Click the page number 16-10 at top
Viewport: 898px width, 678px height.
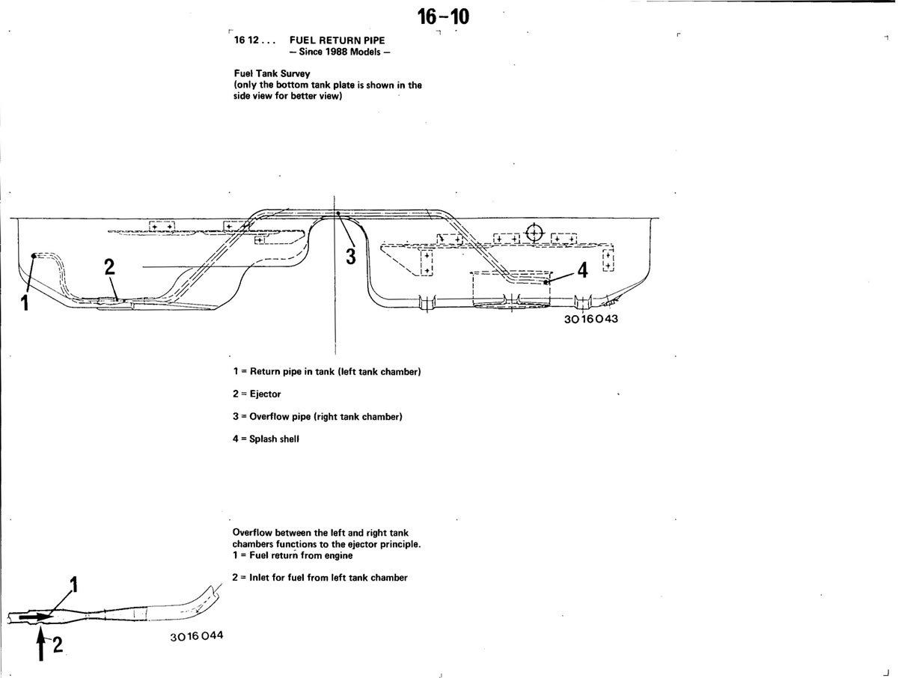click(443, 17)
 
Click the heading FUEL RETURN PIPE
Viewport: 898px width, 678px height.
click(337, 40)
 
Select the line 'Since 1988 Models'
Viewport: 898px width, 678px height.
click(340, 52)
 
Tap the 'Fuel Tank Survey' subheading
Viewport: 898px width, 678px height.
click(272, 73)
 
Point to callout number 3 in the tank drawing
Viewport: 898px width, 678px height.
click(351, 257)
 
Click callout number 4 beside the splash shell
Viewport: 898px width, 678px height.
click(582, 270)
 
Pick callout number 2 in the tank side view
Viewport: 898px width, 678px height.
click(110, 267)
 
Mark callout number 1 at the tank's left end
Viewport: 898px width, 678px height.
click(25, 303)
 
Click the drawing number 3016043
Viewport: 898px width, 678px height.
click(590, 319)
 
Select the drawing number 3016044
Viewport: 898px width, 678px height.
click(197, 636)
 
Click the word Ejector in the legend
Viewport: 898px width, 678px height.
click(265, 394)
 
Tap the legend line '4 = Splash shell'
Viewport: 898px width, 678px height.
click(266, 439)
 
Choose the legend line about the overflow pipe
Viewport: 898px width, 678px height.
click(317, 417)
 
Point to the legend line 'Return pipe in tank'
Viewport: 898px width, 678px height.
click(327, 372)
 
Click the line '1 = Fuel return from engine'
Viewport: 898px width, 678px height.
click(293, 555)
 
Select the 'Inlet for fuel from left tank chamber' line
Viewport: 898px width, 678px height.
click(320, 578)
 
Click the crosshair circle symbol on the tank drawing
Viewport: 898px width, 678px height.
click(534, 233)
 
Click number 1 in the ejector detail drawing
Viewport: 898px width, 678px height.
click(73, 584)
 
